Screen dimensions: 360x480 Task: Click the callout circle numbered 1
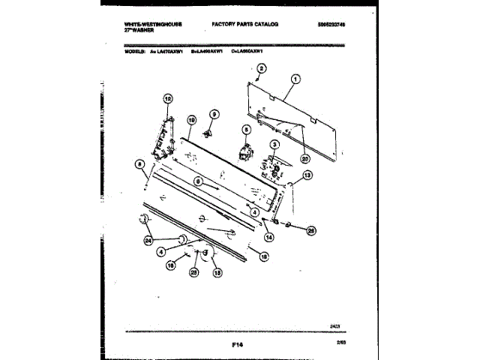(295, 79)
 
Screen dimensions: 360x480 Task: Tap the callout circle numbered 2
(261, 69)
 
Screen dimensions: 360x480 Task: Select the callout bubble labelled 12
(167, 98)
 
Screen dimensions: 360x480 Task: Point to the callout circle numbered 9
(214, 115)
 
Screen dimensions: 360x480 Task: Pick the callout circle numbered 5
(244, 130)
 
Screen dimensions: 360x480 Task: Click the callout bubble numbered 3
(275, 145)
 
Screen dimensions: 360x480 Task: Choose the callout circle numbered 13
(307, 175)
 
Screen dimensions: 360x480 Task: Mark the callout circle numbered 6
(198, 181)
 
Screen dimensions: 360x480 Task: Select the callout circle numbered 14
(268, 237)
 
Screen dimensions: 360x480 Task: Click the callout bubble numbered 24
(148, 241)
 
